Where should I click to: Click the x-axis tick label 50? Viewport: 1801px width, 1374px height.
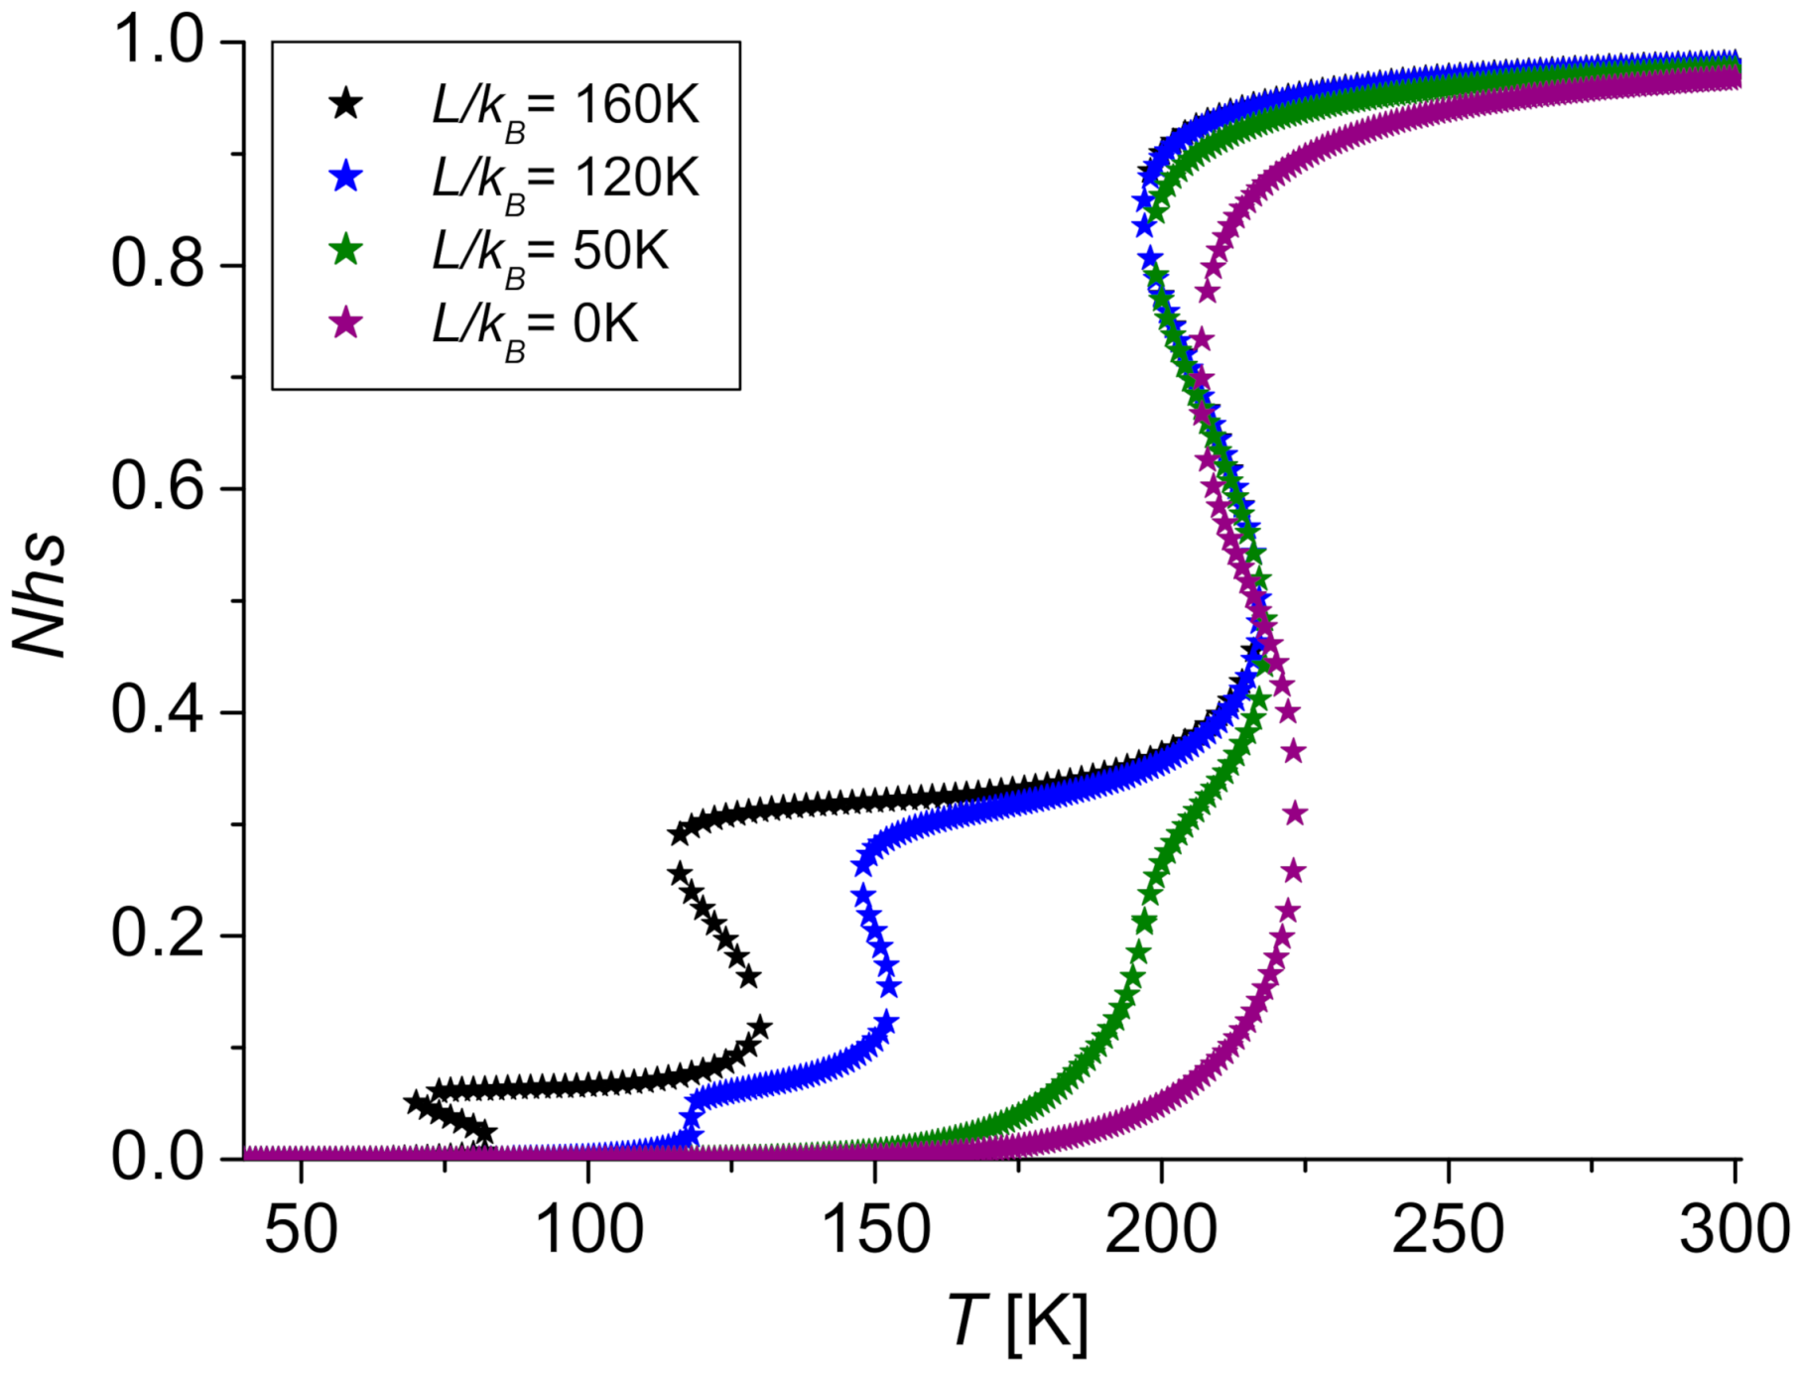point(301,1230)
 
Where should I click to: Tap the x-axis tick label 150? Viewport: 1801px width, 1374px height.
point(875,1230)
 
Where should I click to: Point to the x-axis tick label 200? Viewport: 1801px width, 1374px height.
point(1161,1230)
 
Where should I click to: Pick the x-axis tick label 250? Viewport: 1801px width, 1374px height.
point(1448,1230)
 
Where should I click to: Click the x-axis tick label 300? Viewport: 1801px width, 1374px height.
point(1735,1230)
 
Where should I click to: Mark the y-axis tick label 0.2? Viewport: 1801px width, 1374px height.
point(158,935)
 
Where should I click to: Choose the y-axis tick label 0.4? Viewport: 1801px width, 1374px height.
point(158,711)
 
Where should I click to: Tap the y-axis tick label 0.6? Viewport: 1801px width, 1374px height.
point(158,488)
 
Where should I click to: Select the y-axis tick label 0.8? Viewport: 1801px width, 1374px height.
point(158,265)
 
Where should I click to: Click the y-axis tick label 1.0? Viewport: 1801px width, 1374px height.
point(158,42)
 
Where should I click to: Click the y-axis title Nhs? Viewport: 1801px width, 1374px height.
point(40,594)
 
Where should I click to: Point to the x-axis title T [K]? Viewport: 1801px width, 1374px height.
point(1018,1322)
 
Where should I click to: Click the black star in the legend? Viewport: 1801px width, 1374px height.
point(345,103)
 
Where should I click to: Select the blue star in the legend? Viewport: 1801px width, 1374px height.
point(345,177)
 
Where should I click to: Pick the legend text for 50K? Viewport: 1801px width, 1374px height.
point(551,252)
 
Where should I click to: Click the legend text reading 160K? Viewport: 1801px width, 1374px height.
point(566,105)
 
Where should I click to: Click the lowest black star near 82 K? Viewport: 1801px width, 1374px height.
point(484,1133)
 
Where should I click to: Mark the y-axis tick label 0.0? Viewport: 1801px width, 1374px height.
point(158,1158)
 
